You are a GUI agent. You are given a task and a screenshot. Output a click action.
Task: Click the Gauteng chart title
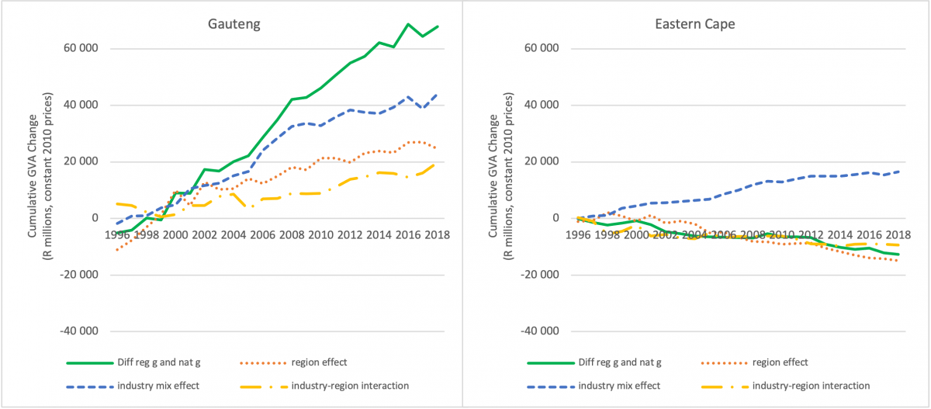click(234, 24)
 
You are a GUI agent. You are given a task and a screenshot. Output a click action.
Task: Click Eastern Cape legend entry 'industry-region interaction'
click(828, 386)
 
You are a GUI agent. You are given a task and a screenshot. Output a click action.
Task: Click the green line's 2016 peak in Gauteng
click(407, 24)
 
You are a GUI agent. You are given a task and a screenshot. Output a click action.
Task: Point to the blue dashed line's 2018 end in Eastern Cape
click(898, 172)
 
